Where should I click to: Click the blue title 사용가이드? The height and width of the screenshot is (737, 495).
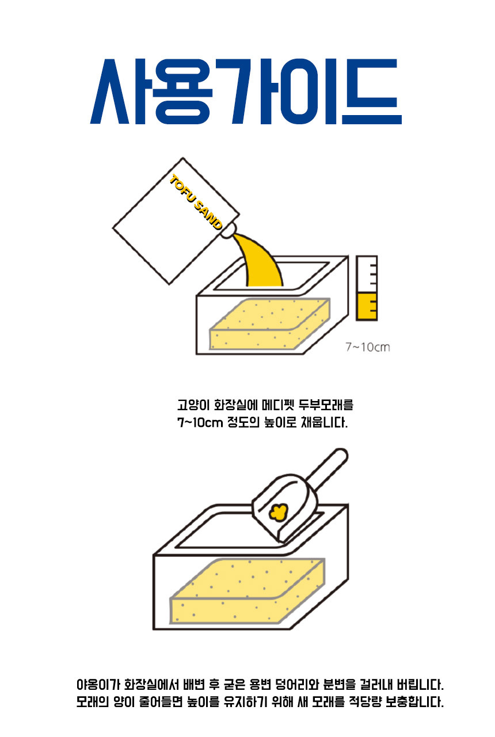point(246,91)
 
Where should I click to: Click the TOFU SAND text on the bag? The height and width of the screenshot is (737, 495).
point(196,202)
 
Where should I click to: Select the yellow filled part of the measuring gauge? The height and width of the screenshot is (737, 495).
point(367,306)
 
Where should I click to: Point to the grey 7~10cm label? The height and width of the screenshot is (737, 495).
point(368,347)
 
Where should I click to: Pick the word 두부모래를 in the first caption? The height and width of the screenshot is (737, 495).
point(326,404)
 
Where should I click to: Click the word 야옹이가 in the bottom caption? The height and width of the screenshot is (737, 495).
point(98,685)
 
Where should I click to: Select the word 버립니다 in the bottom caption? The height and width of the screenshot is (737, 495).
point(420,685)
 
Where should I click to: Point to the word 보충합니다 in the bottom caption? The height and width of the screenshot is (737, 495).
point(414,702)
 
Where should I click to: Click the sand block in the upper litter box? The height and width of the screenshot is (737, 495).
point(270,324)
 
